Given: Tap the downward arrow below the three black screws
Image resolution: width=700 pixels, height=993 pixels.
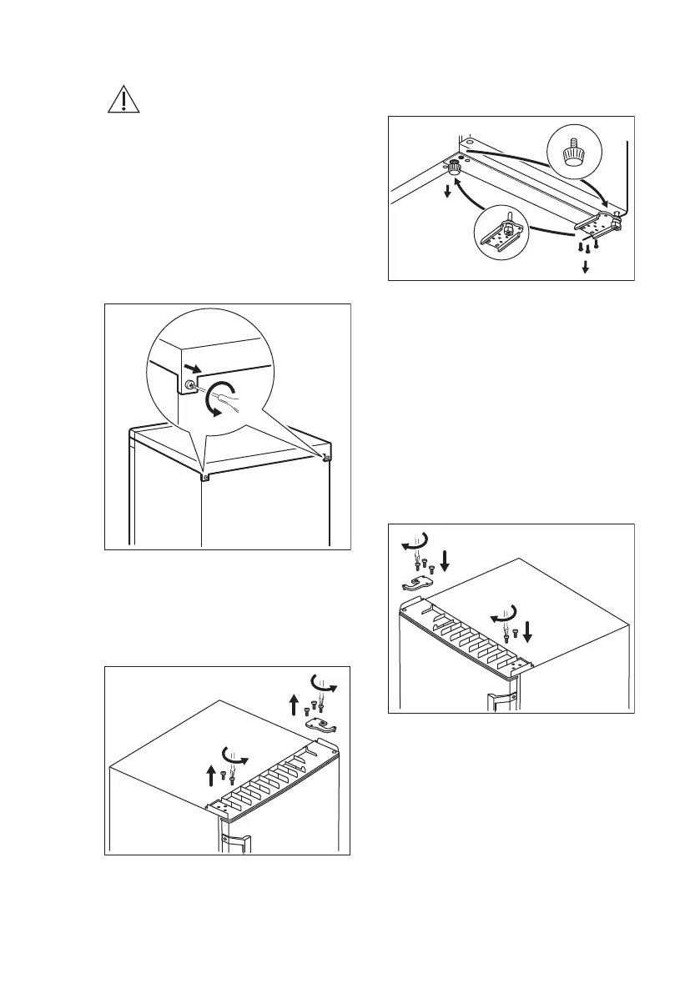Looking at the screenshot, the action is coord(586,267).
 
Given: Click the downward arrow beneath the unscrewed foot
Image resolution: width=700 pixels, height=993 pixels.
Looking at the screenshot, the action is coord(448,192).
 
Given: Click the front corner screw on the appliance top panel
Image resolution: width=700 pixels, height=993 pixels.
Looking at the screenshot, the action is coord(204,479).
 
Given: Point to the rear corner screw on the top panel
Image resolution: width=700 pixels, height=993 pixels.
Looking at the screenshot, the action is coord(328,457).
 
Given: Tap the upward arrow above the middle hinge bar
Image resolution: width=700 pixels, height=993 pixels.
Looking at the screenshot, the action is coord(211,775).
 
